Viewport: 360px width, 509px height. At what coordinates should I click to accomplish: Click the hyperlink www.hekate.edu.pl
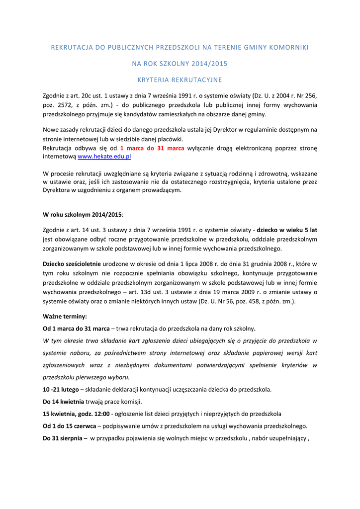click(104, 156)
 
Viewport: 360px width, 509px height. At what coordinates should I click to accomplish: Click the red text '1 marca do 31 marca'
click(152, 148)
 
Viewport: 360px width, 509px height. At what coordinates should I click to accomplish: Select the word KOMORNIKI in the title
click(288, 47)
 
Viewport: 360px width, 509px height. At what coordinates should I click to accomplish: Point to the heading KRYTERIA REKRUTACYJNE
click(180, 80)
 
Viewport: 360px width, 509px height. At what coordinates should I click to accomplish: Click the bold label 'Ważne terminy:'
click(65, 316)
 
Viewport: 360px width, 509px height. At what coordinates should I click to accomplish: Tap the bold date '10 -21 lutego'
click(58, 389)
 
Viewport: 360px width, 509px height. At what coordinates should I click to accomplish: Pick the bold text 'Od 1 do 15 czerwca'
click(70, 425)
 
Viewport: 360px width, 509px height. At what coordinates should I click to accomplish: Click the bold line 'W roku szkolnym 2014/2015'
click(82, 215)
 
